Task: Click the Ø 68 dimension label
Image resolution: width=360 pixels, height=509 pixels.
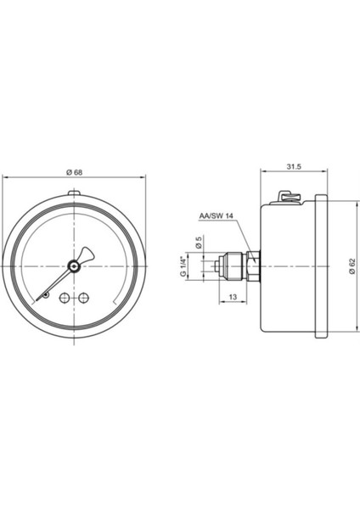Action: [x=74, y=172]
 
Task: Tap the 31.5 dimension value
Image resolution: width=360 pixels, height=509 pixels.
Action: [x=294, y=166]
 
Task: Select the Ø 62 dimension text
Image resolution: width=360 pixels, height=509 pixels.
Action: [x=352, y=267]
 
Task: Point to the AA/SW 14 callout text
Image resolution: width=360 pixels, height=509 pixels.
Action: [x=217, y=216]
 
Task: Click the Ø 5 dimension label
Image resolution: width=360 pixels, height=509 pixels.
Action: [x=200, y=243]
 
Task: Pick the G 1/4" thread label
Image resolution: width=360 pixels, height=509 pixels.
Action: [x=183, y=266]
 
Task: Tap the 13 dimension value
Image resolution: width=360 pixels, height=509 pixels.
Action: [x=233, y=297]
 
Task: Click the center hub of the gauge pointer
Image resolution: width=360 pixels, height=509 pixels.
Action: [x=74, y=266]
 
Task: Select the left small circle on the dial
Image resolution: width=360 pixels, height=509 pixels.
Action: [x=64, y=297]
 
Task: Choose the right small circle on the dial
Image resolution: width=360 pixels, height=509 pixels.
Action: [x=84, y=297]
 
